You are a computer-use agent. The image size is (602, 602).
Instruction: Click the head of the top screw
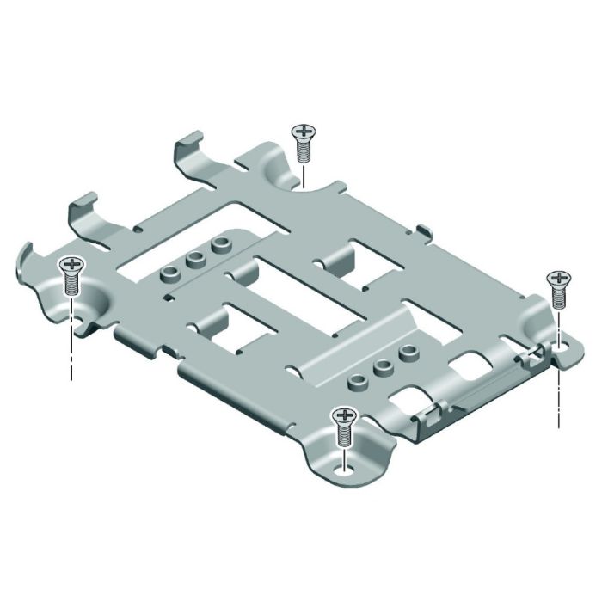click(303, 132)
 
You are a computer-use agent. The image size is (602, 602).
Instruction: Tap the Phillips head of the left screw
click(71, 264)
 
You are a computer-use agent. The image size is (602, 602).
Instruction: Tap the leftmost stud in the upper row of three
click(170, 273)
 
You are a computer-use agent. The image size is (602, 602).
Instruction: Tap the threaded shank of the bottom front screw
click(344, 437)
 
